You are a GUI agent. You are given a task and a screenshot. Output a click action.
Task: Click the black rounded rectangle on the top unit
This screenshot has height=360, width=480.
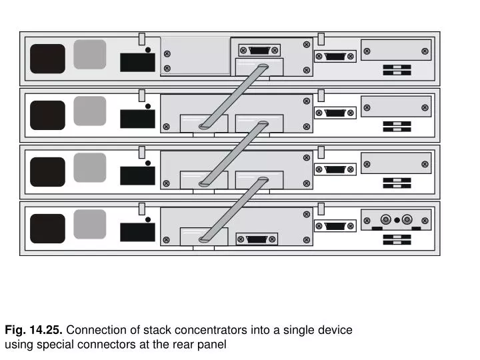coord(47,59)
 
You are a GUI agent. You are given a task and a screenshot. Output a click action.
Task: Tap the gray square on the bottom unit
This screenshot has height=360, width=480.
coord(90,224)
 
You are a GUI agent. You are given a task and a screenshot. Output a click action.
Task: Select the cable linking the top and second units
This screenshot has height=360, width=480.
coord(233,95)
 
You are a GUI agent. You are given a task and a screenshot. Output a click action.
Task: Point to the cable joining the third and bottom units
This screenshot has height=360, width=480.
coord(233,208)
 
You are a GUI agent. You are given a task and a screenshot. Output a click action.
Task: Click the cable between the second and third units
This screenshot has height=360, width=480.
coord(233,151)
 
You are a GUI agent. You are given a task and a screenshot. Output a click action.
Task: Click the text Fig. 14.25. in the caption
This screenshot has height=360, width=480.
coord(34,330)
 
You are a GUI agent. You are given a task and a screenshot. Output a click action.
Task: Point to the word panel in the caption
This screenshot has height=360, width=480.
coord(213,345)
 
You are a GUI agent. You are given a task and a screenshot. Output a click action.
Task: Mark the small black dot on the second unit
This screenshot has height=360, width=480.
coord(147,105)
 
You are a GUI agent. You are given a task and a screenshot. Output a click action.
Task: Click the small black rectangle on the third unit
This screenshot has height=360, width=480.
coord(137,175)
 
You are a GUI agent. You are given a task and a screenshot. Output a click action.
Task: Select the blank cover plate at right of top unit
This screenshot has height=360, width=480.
coord(396,50)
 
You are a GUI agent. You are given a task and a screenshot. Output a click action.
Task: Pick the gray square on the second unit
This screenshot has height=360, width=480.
coord(90,111)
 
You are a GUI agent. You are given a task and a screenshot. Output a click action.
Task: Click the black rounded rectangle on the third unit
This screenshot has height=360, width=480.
coord(47,172)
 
